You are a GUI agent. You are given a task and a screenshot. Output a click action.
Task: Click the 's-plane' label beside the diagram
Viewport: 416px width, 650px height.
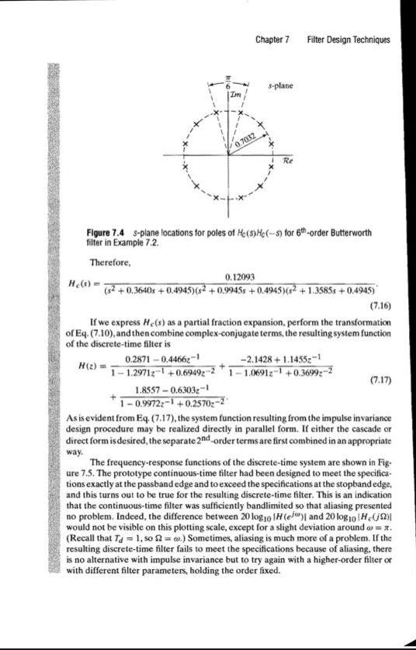point(279,87)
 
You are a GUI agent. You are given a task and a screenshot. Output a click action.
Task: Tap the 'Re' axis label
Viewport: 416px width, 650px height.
point(286,162)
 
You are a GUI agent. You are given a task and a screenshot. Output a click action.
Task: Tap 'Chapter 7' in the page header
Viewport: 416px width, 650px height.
point(272,40)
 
